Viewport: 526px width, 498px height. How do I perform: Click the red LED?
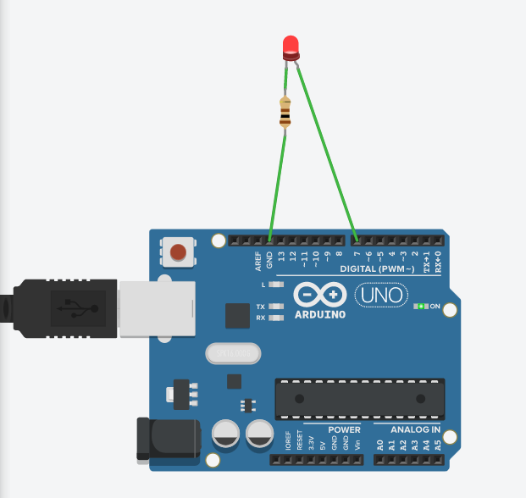click(x=291, y=47)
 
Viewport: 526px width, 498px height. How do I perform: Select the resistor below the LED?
click(x=285, y=112)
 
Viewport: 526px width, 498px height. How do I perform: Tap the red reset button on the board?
click(x=178, y=252)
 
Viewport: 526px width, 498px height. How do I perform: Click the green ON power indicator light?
click(x=420, y=306)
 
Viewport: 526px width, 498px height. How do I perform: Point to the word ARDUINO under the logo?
click(x=320, y=314)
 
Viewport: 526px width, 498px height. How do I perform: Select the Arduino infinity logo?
click(x=320, y=295)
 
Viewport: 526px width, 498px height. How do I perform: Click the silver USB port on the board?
click(x=158, y=308)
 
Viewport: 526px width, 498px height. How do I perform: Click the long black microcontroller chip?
click(x=359, y=398)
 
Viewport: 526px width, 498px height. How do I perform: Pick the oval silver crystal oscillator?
click(x=233, y=352)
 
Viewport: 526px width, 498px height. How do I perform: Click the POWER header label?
click(x=343, y=429)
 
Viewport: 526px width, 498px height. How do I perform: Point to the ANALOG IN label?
click(x=414, y=429)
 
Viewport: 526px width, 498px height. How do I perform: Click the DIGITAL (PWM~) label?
click(x=377, y=268)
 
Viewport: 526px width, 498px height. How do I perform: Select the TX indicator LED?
click(x=275, y=306)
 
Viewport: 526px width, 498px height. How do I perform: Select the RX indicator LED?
click(x=275, y=318)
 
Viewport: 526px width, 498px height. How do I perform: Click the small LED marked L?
click(x=275, y=285)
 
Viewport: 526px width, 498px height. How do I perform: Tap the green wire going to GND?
click(x=276, y=182)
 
